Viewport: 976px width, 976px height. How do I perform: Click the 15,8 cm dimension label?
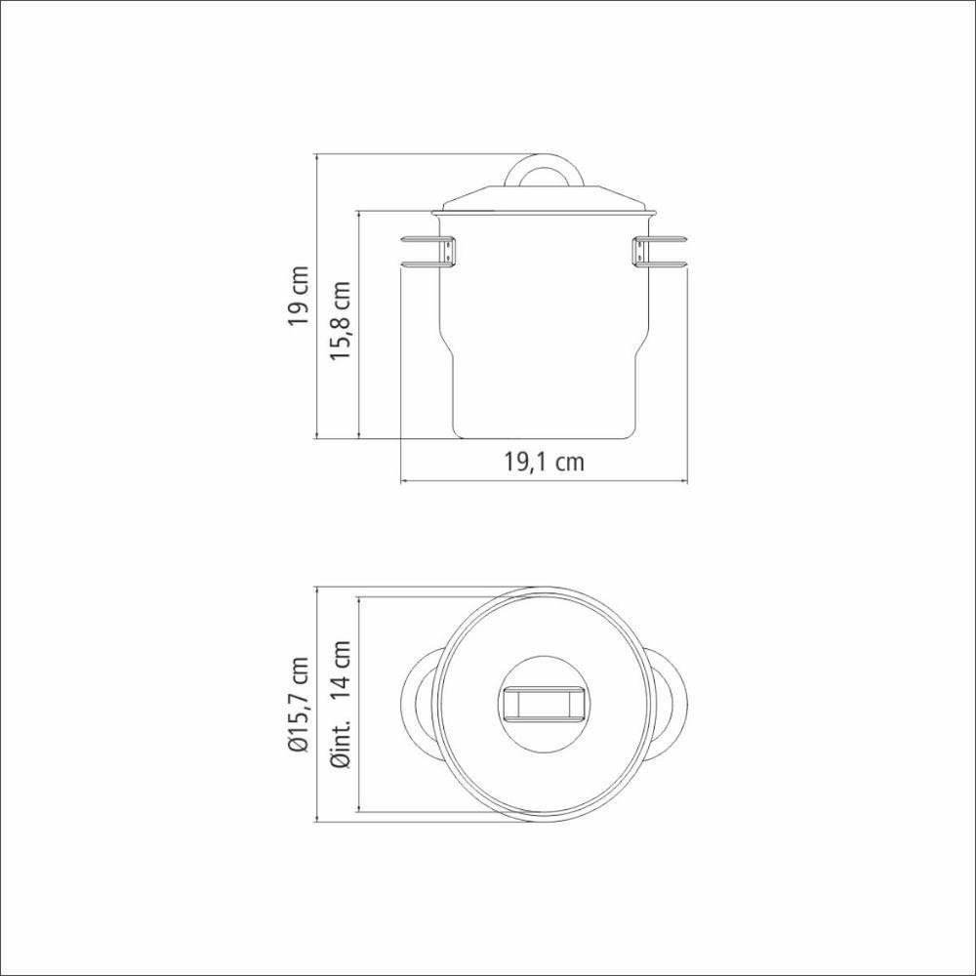coord(340,322)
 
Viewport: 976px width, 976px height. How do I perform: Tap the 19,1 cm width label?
coord(544,462)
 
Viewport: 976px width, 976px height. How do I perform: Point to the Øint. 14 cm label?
coord(340,704)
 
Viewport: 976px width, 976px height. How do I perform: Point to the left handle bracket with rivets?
coord(447,251)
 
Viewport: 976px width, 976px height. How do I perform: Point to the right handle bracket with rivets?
coord(639,251)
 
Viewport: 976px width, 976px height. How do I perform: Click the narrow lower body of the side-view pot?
coord(543,400)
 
